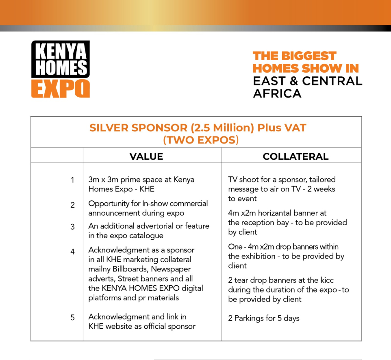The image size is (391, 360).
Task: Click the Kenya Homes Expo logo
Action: [61, 69]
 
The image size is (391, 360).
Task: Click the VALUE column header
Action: [146, 156]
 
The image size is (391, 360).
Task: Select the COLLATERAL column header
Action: [295, 156]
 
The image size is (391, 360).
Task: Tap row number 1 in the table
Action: [73, 180]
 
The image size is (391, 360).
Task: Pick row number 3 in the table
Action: [73, 227]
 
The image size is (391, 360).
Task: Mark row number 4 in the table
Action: [73, 252]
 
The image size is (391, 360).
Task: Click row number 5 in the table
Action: [73, 318]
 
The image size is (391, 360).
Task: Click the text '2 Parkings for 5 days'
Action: [263, 318]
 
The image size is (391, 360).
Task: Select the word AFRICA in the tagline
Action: [277, 93]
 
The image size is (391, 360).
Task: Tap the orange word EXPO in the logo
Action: [61, 88]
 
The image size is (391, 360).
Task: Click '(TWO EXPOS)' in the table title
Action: [201, 140]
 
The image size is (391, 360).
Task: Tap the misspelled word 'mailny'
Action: [99, 269]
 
